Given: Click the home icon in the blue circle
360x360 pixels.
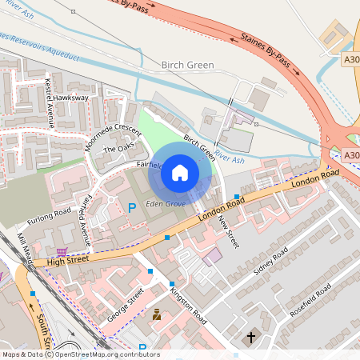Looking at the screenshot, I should [x=180, y=171].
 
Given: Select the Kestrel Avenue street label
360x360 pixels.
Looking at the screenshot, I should [x=50, y=103].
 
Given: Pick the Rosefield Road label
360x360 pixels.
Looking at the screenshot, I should [x=313, y=301].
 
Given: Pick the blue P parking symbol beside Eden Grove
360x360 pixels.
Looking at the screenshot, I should [x=132, y=208].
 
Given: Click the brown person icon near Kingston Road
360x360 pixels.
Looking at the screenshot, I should [x=157, y=315].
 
